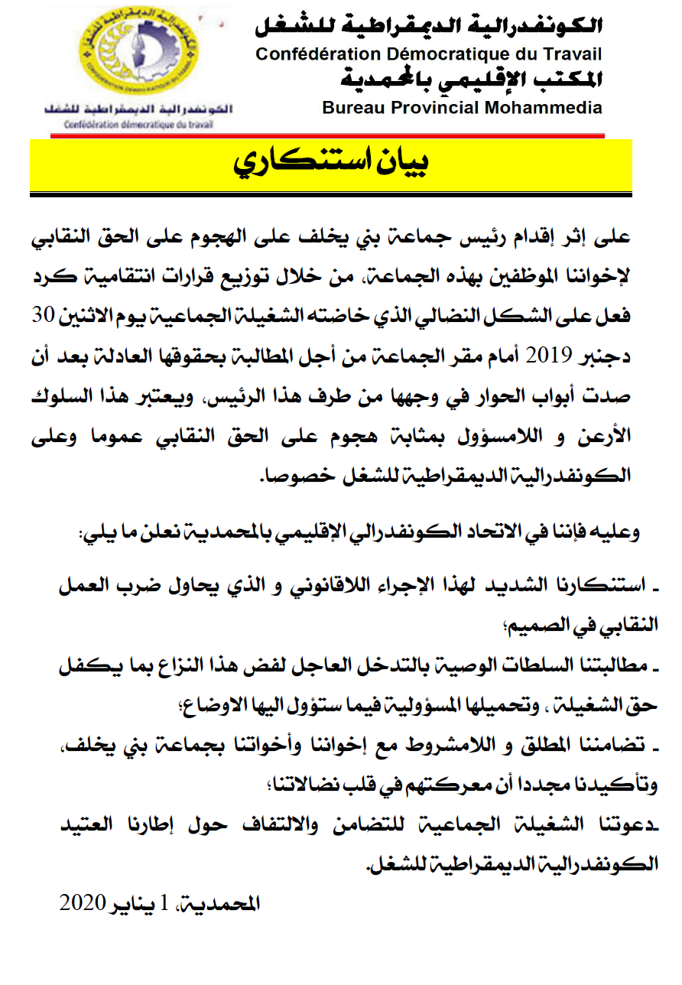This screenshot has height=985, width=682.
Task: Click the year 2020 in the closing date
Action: click(83, 902)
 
